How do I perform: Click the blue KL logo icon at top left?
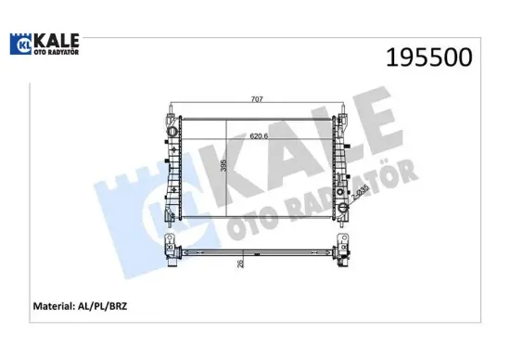pyautogui.click(x=21, y=44)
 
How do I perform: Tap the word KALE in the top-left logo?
pyautogui.click(x=57, y=40)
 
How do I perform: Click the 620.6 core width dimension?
pyautogui.click(x=259, y=136)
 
